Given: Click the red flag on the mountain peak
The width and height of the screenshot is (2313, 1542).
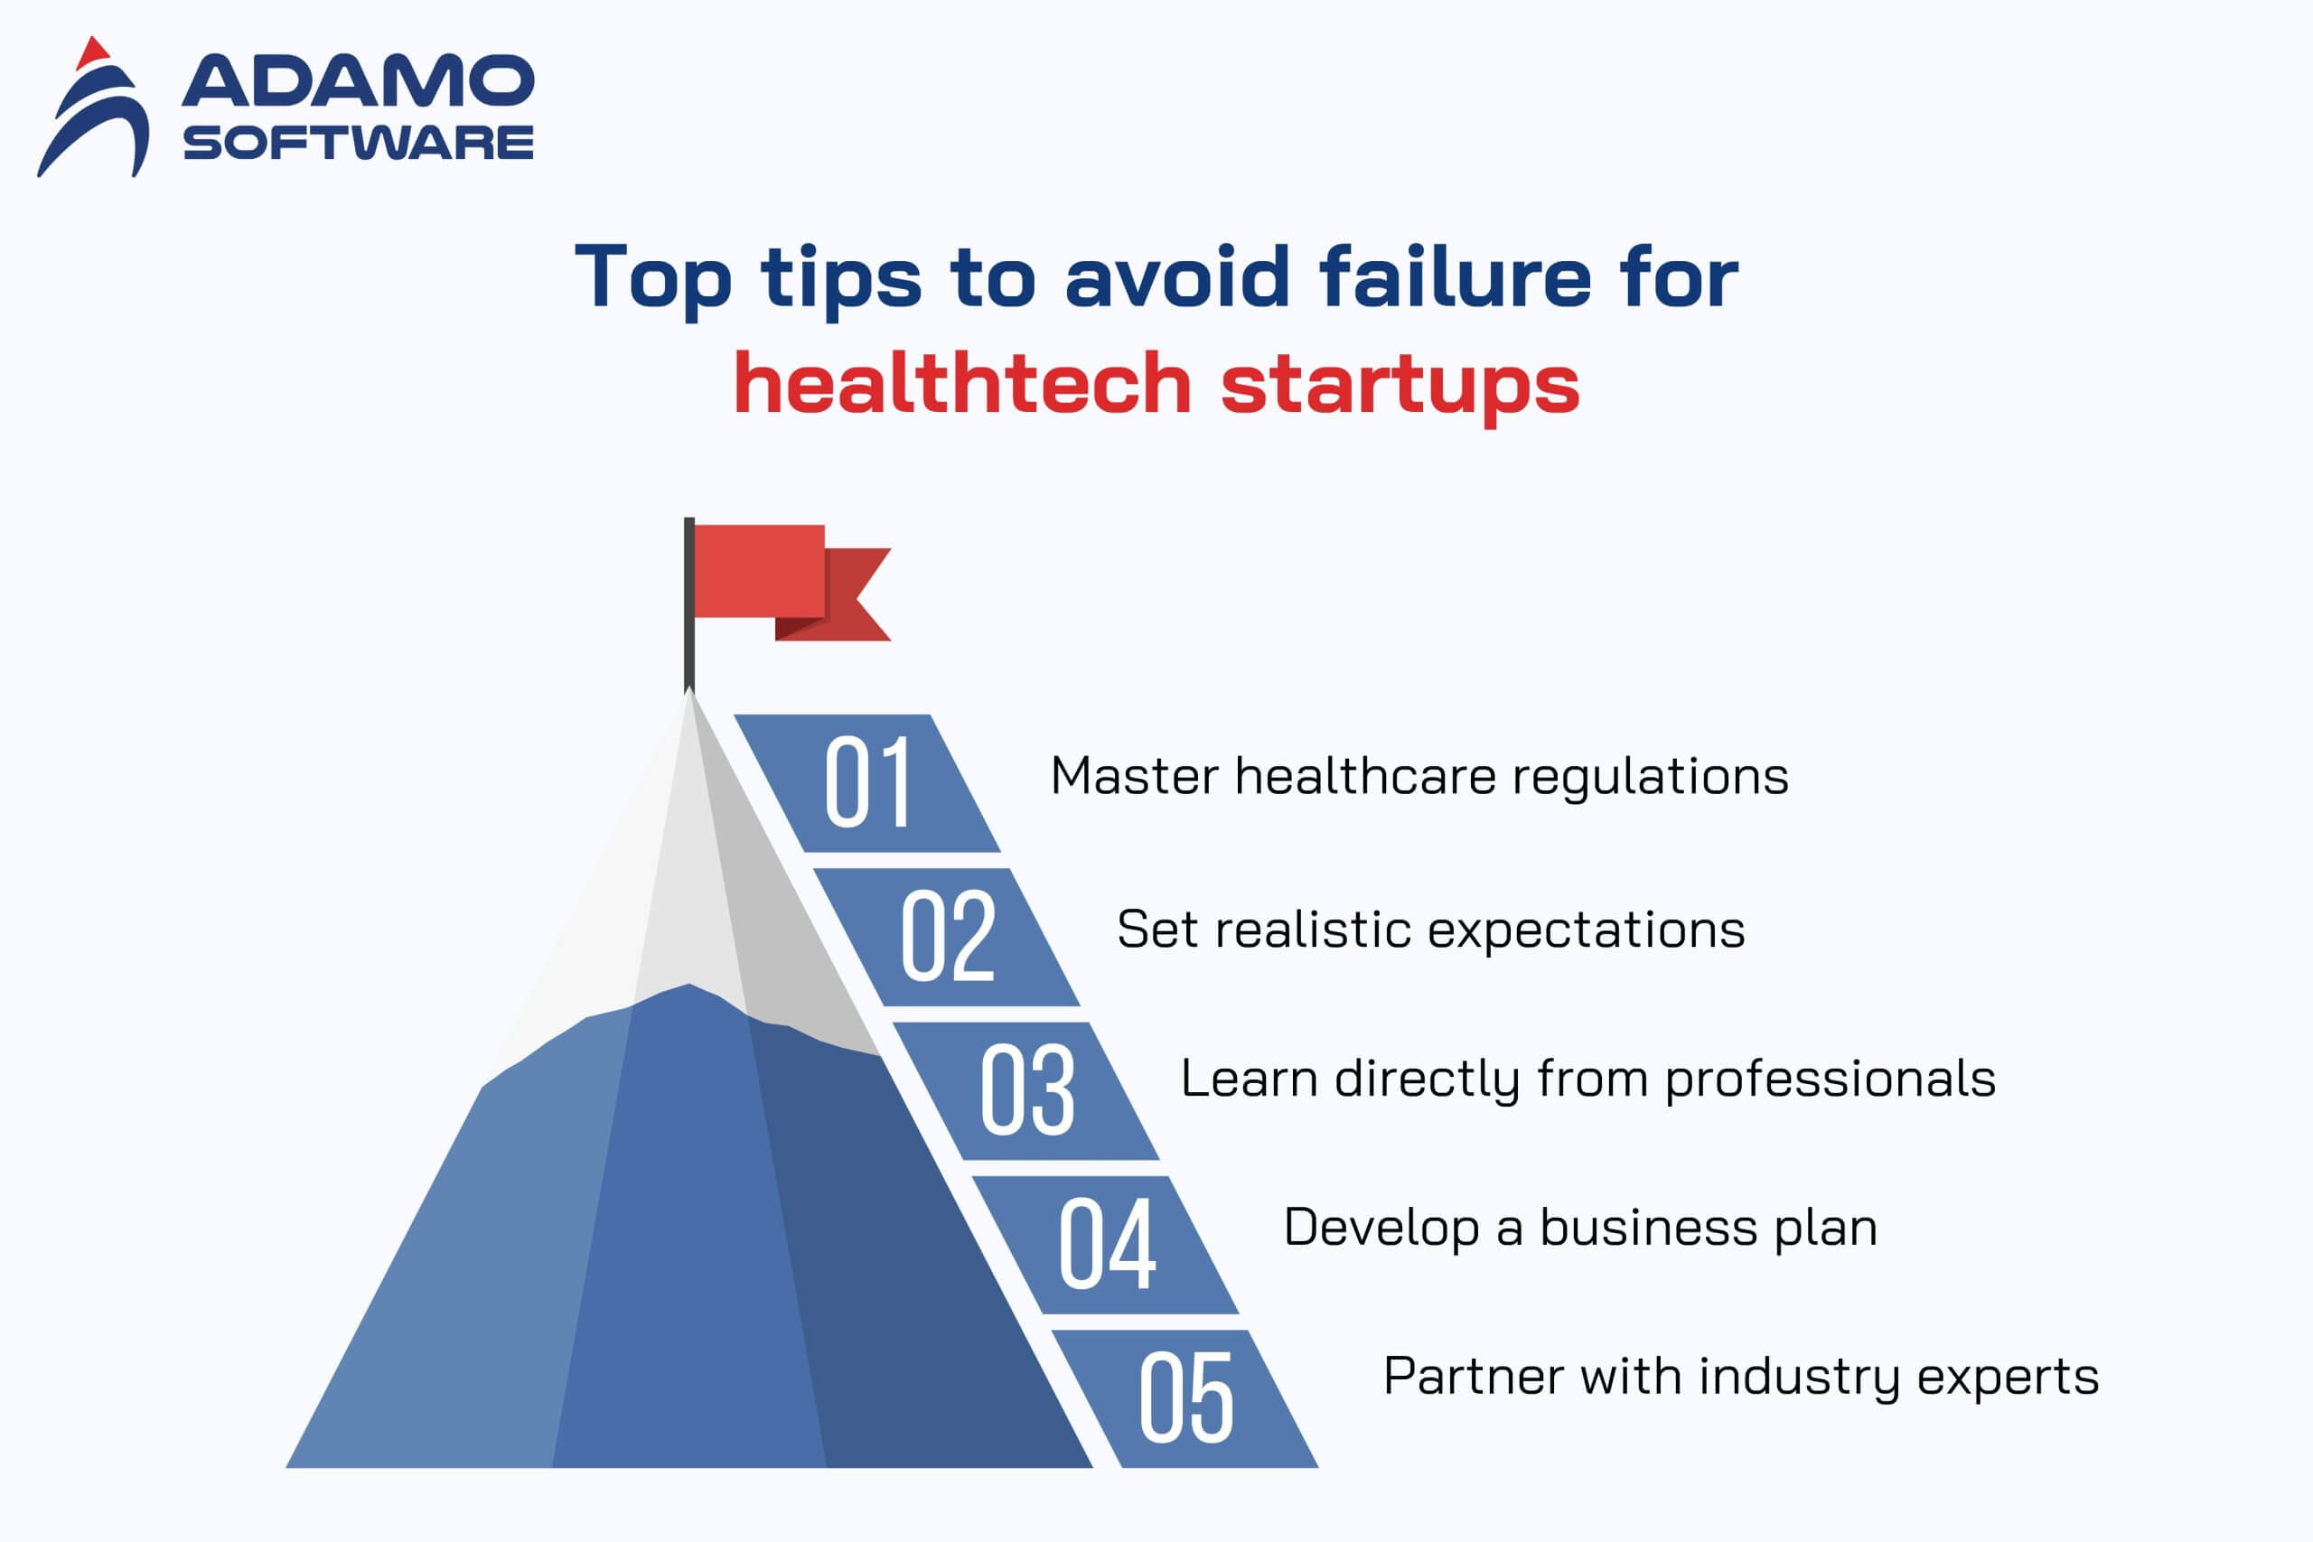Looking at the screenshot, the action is tap(777, 580).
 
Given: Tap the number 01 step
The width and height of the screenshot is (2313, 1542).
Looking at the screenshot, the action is tap(867, 783).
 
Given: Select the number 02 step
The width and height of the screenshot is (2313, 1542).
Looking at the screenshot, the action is tap(946, 936).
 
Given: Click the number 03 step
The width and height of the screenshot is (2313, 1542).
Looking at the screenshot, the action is tap(1025, 1090).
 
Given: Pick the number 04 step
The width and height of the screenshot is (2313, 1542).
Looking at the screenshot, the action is tap(1105, 1245).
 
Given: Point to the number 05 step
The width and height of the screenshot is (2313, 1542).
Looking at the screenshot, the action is tap(1185, 1398).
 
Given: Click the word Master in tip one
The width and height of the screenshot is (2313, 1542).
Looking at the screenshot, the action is tap(1134, 776).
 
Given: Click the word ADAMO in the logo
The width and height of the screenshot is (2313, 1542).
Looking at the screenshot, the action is tap(359, 80).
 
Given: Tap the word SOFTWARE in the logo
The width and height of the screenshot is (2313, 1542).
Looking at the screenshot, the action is tap(359, 143).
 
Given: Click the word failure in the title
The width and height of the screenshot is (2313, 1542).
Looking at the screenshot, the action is tap(1456, 277).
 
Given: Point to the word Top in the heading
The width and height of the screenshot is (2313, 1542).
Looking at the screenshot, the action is tap(654, 280).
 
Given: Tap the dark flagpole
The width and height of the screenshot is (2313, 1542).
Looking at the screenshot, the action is tap(689, 605).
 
